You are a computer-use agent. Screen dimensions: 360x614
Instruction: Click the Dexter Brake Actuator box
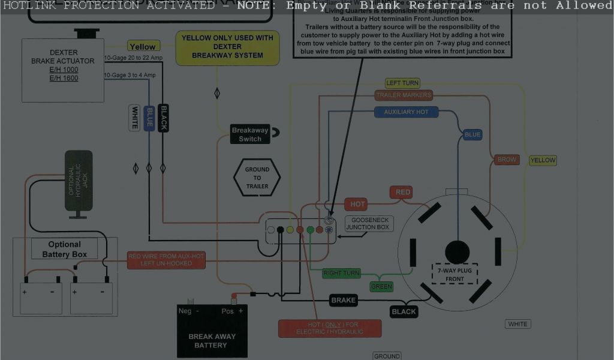coord(63,70)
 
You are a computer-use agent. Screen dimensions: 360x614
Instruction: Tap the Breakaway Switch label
coord(250,134)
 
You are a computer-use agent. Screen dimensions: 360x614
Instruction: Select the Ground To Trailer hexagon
coord(257,178)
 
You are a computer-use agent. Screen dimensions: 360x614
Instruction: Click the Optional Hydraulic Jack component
coord(79,180)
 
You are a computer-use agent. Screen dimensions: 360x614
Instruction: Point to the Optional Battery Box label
coord(64,249)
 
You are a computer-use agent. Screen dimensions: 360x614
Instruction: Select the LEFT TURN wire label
coord(402,83)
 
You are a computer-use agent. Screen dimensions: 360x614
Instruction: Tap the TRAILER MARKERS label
coord(403,95)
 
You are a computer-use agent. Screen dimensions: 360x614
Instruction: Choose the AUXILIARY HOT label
coord(406,112)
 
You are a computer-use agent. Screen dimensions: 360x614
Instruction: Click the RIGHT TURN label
coord(341,274)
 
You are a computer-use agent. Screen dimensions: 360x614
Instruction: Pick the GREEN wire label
coord(381,287)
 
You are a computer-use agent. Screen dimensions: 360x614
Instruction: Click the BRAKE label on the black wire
coord(344,300)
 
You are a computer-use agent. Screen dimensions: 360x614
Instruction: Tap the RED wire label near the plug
coord(403,193)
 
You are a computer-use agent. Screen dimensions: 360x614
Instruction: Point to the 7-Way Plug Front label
coord(455,275)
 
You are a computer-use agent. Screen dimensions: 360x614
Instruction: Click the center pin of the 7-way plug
coord(457,251)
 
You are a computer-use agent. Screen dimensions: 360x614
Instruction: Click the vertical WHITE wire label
coord(134,118)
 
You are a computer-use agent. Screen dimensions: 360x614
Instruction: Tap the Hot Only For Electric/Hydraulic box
coord(330,328)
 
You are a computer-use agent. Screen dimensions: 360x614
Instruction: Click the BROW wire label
coord(507,160)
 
